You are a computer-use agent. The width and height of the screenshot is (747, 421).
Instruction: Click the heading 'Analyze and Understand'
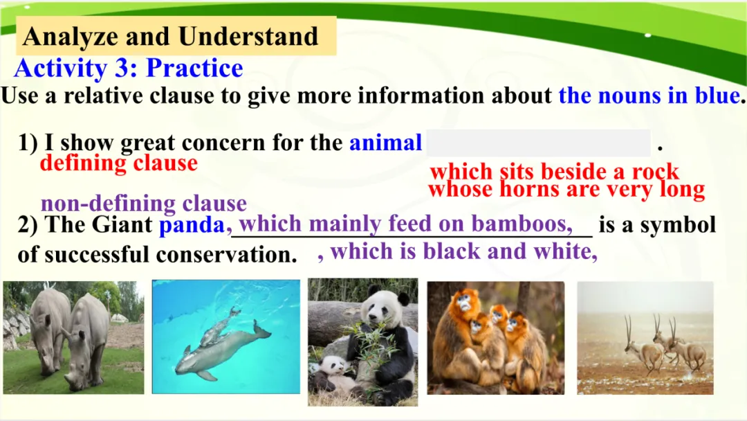pos(170,36)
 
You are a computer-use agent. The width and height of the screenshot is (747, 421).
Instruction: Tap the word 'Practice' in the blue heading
pos(194,68)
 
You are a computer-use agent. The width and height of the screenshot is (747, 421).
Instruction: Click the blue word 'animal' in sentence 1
pos(385,143)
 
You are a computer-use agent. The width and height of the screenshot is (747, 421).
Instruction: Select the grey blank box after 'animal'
pos(538,143)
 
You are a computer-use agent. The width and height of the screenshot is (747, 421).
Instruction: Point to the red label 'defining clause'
pos(119,163)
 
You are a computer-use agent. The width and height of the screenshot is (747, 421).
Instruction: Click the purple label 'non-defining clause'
pos(144,204)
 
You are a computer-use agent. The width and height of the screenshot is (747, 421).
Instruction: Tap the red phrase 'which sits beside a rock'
pos(555,171)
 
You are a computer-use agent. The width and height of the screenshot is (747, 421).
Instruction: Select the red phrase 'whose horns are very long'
pos(566,189)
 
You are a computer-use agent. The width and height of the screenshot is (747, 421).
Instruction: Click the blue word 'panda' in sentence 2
pos(192,225)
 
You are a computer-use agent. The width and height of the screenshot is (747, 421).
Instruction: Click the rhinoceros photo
pos(73,338)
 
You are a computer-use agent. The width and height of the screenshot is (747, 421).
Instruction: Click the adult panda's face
pos(382,307)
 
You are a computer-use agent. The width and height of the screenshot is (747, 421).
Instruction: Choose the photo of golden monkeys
pos(495,338)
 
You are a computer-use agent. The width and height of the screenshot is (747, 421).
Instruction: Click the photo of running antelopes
pos(645,338)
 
